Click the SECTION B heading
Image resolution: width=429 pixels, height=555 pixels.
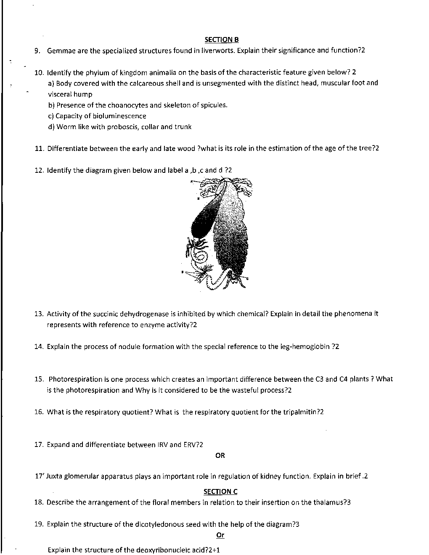pyautogui.click(x=221, y=40)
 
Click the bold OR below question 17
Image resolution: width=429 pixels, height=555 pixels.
pyautogui.click(x=220, y=455)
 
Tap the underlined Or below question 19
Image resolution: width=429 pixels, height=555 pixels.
pyautogui.click(x=220, y=535)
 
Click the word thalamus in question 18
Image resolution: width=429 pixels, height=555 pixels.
pyautogui.click(x=328, y=502)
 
